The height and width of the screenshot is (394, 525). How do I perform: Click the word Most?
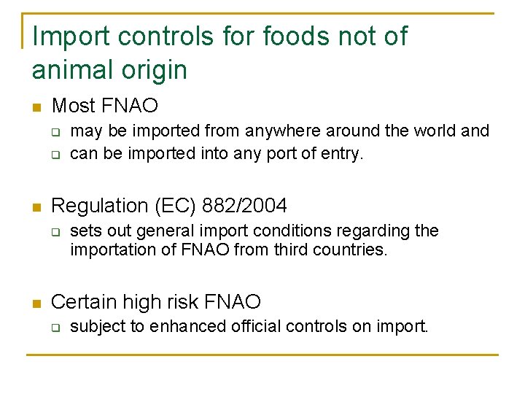pos(74,106)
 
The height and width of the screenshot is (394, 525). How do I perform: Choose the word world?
pos(429,131)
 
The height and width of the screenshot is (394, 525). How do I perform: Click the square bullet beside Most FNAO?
pos(36,107)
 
